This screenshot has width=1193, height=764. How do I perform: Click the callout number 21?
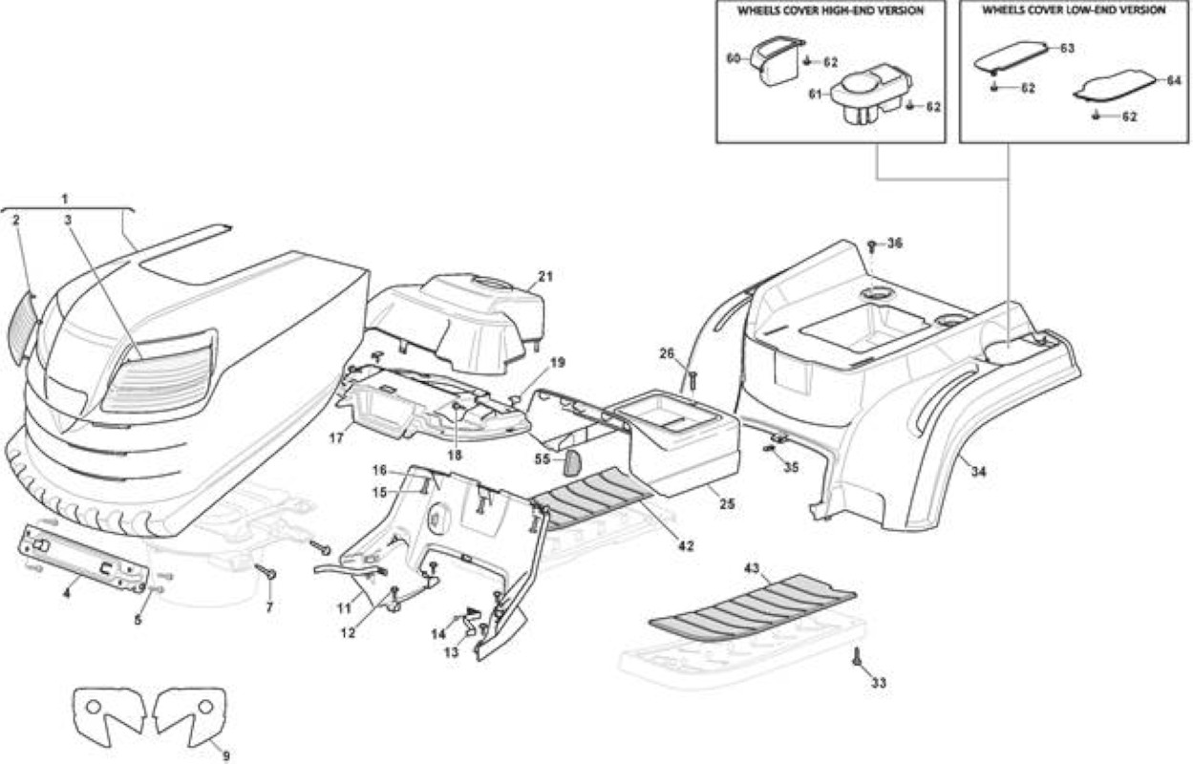(x=545, y=276)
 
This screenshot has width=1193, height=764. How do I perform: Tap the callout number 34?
(x=978, y=471)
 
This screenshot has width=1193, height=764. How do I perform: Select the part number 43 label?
(x=752, y=568)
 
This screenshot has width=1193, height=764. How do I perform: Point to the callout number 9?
(x=226, y=755)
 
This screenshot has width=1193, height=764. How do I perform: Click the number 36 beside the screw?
(x=895, y=244)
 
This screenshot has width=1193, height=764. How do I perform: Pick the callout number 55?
(x=543, y=458)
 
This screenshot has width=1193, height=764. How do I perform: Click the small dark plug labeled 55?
(x=572, y=461)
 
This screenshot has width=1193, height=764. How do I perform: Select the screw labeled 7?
(x=266, y=571)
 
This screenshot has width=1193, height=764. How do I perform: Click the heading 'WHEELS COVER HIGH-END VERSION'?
(x=830, y=11)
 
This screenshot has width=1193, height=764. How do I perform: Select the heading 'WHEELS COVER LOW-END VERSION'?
(x=1074, y=11)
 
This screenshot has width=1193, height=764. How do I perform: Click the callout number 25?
(x=727, y=503)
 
